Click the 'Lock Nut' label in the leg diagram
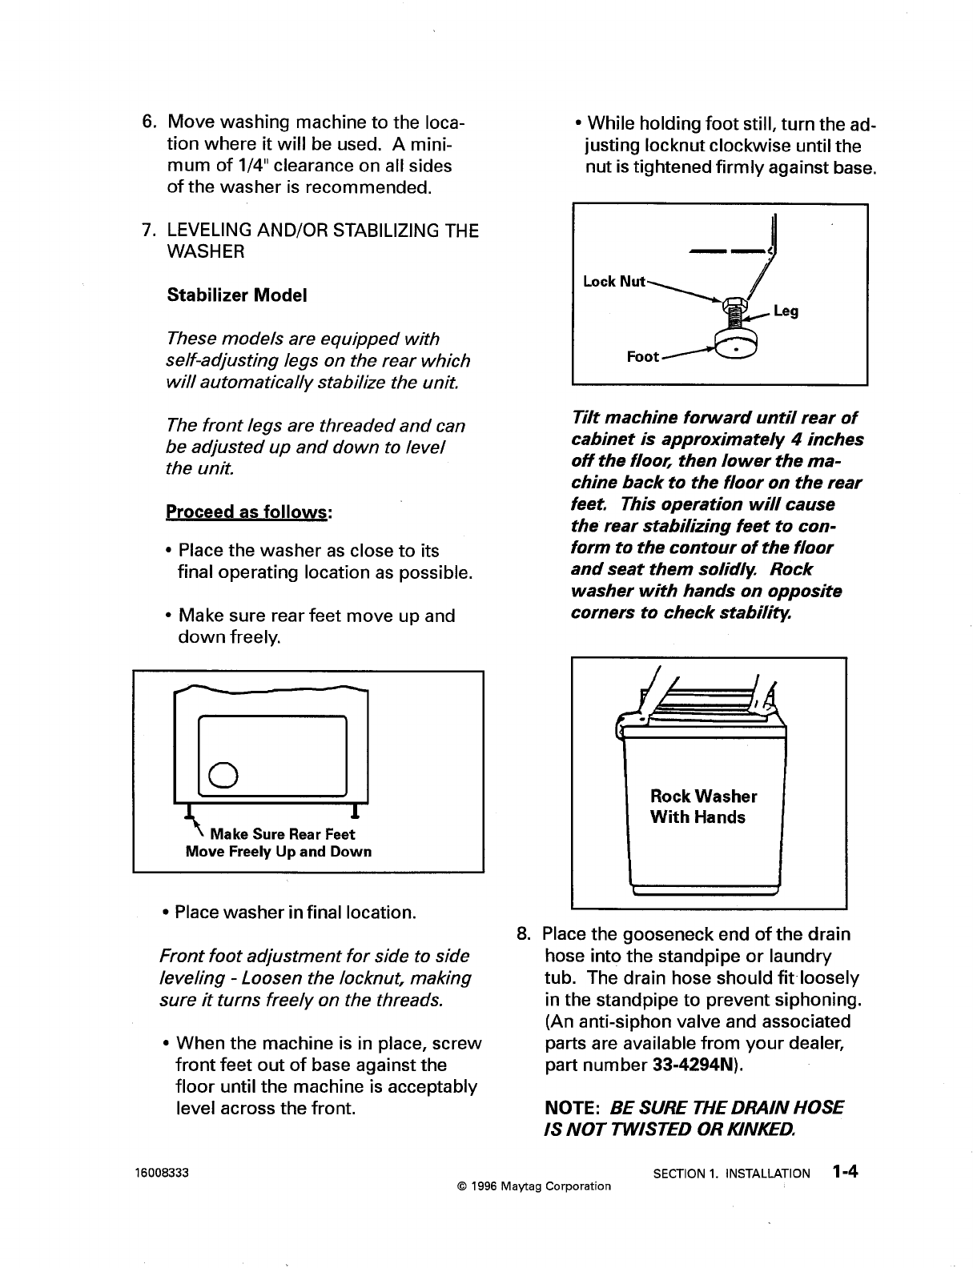614,281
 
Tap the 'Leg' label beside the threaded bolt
786,311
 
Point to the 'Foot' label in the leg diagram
643,357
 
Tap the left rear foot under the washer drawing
189,811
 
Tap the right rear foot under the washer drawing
353,811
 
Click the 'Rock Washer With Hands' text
702,807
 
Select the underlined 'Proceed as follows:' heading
248,512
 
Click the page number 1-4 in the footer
844,1173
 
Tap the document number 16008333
162,1174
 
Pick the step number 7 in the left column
147,231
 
